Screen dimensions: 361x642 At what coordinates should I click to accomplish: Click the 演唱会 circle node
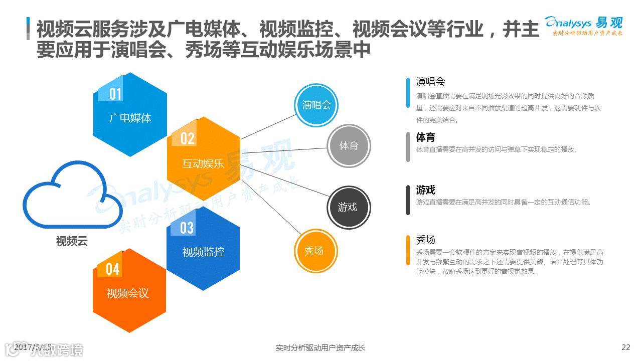[316, 105]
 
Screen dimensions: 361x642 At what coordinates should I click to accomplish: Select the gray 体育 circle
[349, 146]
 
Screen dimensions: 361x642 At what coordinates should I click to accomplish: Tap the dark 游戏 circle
[348, 207]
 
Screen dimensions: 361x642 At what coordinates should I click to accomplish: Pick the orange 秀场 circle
[314, 251]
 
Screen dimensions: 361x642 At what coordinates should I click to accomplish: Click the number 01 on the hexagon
[115, 94]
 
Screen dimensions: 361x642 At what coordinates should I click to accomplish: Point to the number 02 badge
[187, 138]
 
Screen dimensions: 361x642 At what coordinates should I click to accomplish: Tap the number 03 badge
[187, 228]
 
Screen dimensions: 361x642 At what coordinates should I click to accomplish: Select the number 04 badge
[113, 269]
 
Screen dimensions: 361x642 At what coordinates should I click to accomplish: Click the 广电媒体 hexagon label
[130, 118]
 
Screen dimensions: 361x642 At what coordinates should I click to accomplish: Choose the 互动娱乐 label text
[203, 163]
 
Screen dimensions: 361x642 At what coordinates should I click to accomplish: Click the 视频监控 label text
[203, 252]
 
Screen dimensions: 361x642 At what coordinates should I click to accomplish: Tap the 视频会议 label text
[128, 293]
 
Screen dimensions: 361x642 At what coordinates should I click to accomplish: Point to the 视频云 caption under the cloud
[72, 241]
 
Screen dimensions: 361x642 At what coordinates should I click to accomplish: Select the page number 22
[625, 347]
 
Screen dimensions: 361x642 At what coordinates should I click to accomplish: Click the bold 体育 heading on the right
[425, 137]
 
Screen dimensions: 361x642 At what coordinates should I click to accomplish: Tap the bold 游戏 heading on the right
[425, 190]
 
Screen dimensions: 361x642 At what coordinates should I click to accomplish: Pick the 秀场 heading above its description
[425, 240]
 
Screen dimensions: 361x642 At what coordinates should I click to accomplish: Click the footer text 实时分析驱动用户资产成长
[320, 347]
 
